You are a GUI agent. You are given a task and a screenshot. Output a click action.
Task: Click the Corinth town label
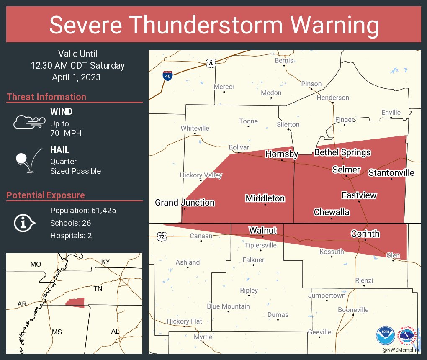click(365, 234)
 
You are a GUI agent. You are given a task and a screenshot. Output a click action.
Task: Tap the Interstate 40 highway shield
click(167, 76)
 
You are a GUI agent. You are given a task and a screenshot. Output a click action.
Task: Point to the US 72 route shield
click(162, 237)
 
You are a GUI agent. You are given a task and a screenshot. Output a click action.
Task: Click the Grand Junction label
click(185, 203)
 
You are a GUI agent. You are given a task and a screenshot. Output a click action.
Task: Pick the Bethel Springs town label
click(342, 152)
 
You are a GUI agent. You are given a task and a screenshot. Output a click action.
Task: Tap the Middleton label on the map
click(265, 198)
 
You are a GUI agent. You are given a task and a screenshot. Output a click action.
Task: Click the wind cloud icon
click(28, 122)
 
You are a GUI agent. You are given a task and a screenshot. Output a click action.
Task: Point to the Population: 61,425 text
click(83, 210)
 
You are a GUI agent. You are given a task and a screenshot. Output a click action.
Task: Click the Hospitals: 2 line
click(71, 235)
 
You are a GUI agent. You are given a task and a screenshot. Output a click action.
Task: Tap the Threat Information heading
click(46, 97)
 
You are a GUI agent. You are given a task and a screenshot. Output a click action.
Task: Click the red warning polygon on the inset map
click(76, 303)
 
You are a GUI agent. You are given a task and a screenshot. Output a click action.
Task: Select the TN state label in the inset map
click(98, 289)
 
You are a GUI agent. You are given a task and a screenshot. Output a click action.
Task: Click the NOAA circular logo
click(385, 335)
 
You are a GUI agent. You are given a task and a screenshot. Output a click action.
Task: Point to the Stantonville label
click(391, 173)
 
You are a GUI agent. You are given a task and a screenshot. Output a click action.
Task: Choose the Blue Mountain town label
click(228, 306)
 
